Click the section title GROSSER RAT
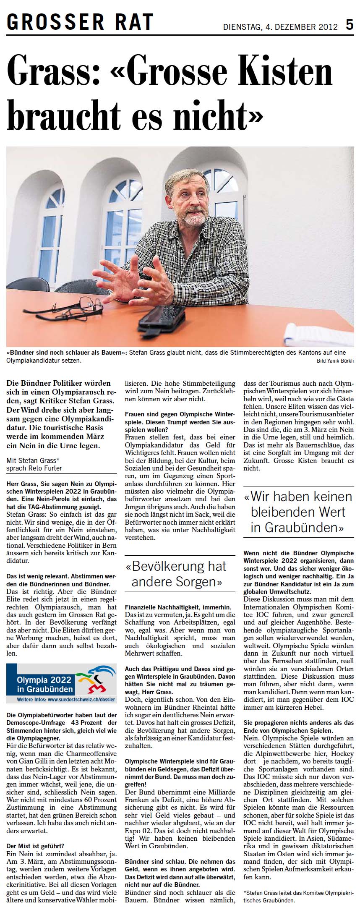pyautogui.click(x=80, y=21)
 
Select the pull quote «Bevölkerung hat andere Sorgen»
pyautogui.click(x=177, y=574)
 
